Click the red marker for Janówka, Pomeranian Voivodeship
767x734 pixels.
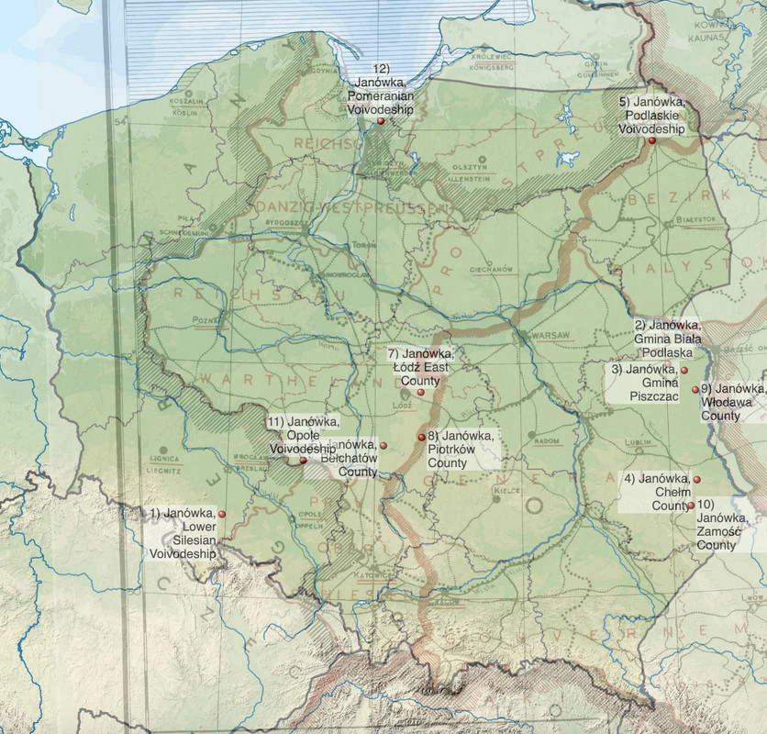[x=380, y=120]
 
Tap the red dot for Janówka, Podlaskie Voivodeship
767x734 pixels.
[x=651, y=140]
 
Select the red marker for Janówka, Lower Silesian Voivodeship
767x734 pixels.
[x=221, y=514]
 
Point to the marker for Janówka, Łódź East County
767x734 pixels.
[x=420, y=392]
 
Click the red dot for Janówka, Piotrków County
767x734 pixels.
[x=420, y=436]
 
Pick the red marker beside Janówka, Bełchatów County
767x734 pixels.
[x=383, y=445]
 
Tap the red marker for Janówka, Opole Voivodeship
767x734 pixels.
[x=304, y=460]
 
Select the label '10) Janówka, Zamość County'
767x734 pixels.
[x=716, y=525]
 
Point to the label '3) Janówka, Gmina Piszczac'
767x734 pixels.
[x=645, y=383]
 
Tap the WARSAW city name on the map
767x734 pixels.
[x=550, y=334]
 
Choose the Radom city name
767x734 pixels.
[x=547, y=440]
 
